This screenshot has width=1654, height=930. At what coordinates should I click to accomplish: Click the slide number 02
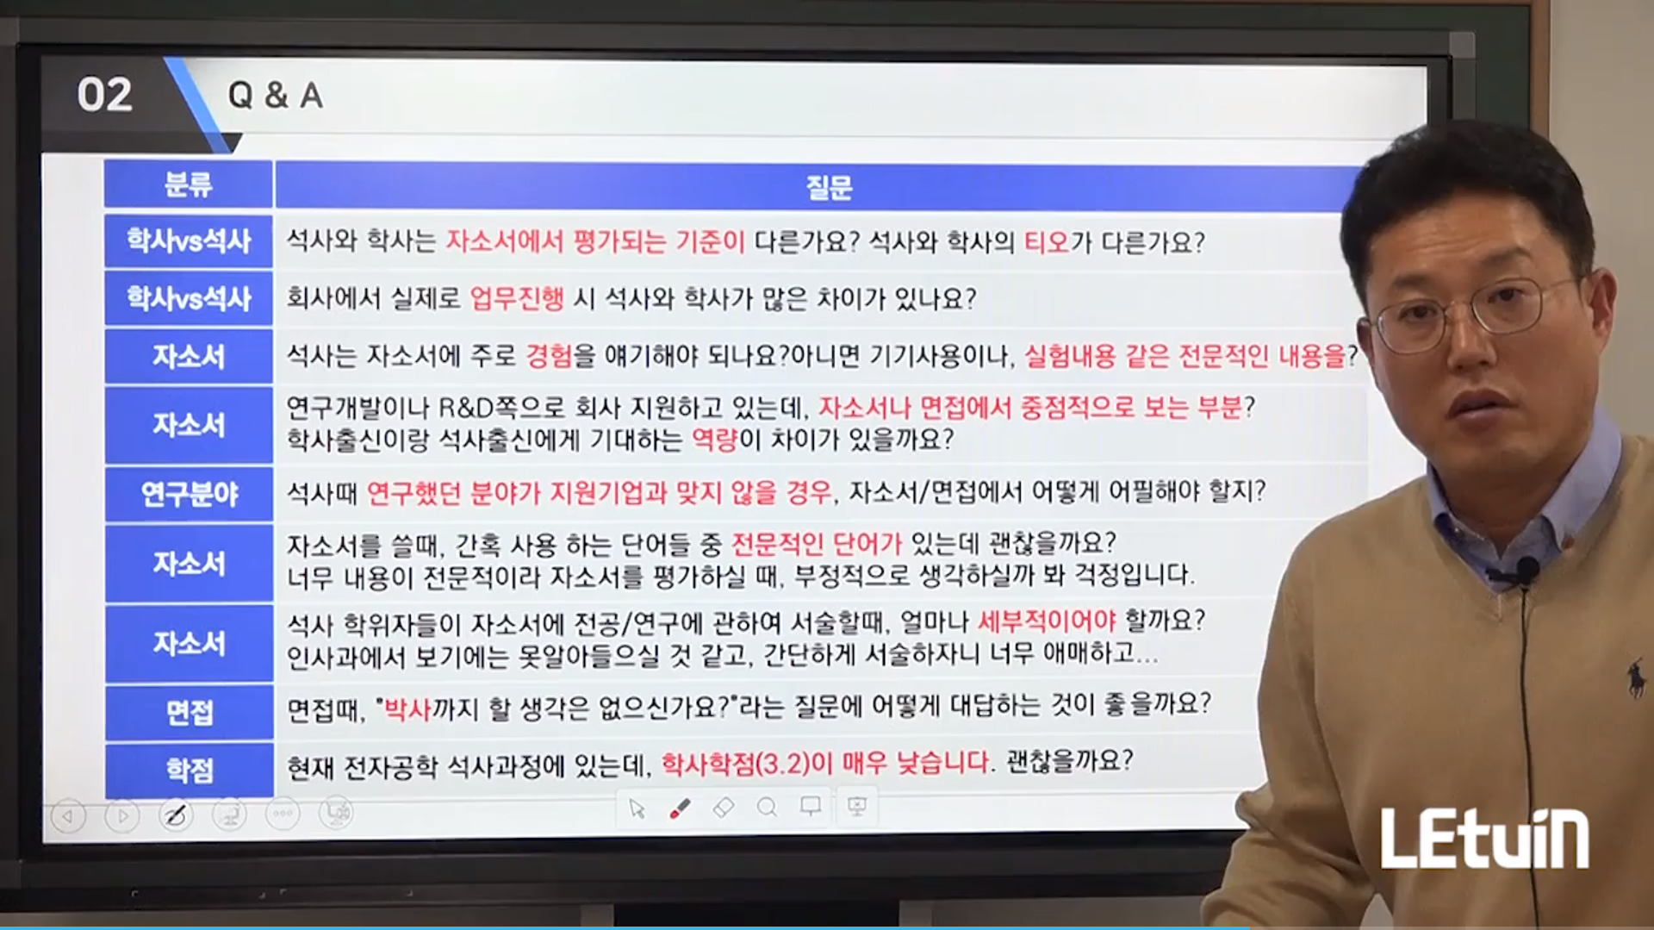pos(104,95)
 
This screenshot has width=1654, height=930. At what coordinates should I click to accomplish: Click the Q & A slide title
pos(275,96)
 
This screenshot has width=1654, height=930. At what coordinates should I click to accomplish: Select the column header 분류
pos(189,184)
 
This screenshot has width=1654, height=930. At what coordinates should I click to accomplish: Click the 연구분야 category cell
pos(190,494)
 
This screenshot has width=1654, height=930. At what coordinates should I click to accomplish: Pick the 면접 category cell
pos(190,713)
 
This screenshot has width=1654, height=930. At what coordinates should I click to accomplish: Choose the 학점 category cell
pos(190,770)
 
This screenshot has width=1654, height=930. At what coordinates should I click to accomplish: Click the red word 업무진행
pos(517,298)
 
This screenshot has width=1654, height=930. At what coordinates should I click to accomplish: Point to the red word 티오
pos(1046,242)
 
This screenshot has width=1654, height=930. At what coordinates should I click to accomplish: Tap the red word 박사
pos(407,709)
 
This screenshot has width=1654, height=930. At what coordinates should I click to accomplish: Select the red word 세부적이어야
pos(1047,621)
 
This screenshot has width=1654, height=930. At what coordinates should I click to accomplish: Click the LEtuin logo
pos(1484,838)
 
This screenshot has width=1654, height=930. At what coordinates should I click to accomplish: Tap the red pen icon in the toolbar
pos(680,808)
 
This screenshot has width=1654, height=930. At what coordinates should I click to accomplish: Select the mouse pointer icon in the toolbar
pos(637,808)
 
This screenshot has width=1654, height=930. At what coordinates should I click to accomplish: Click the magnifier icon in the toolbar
pos(767,808)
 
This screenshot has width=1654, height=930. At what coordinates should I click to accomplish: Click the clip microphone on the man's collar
pos(1527,570)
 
